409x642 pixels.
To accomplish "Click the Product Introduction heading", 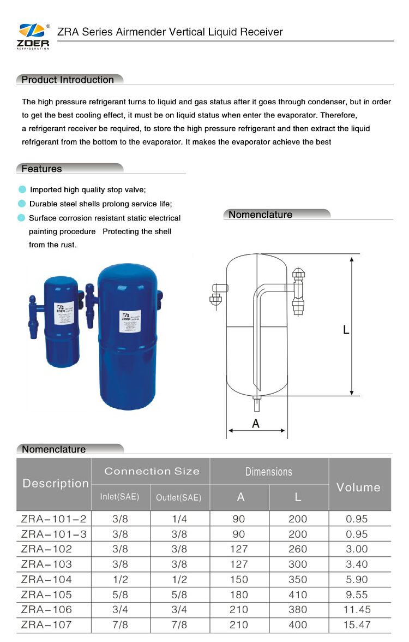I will [x=68, y=80].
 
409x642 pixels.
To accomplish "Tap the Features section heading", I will [x=42, y=169].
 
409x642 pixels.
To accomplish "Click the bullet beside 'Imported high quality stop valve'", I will [x=22, y=189].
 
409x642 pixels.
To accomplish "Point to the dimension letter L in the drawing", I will [x=346, y=330].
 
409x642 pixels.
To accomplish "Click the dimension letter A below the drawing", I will [x=256, y=423].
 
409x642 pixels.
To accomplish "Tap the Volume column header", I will [x=359, y=487].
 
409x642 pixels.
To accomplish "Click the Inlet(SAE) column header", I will [x=120, y=497].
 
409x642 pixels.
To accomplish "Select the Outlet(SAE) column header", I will [x=179, y=497].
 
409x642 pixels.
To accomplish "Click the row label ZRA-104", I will [x=47, y=579].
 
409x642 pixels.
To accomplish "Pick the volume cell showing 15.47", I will [x=357, y=625].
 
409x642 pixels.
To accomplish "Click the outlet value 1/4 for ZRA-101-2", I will [x=179, y=519].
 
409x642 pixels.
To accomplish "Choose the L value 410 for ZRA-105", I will [x=298, y=595].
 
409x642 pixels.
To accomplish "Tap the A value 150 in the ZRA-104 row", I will [x=239, y=579].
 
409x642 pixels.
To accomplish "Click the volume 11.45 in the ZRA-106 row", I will [x=357, y=609].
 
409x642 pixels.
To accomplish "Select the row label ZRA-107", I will [x=47, y=625].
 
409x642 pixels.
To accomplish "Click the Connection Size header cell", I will [x=152, y=471].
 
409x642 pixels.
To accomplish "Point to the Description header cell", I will [x=55, y=483].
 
